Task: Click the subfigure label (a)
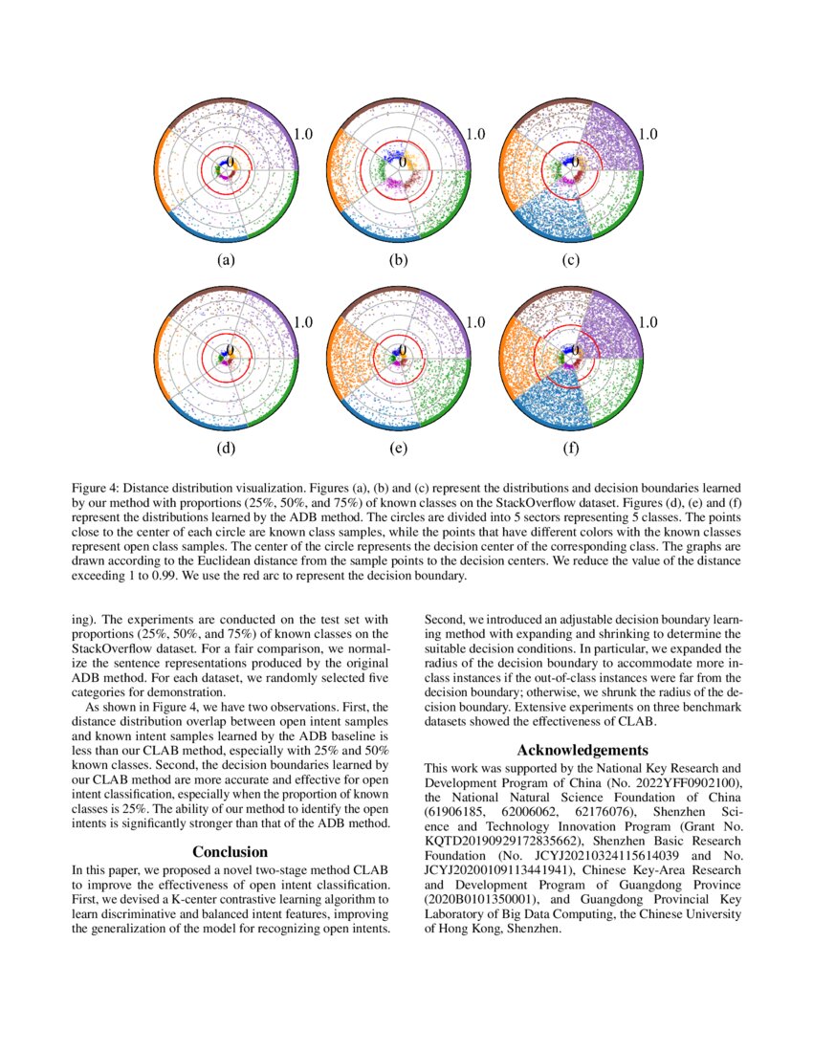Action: [x=226, y=260]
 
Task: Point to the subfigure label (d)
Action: [x=226, y=447]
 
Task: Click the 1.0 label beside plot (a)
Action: [x=302, y=135]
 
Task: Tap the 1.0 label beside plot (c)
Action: [x=647, y=135]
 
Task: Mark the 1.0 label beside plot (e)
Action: [x=474, y=322]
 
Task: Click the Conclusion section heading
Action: [x=231, y=851]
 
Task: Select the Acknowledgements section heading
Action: [x=582, y=750]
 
